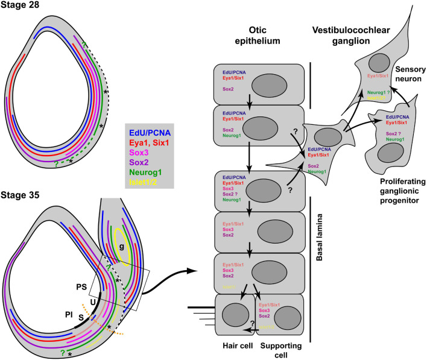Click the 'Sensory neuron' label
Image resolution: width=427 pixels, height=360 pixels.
pyautogui.click(x=403, y=78)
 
